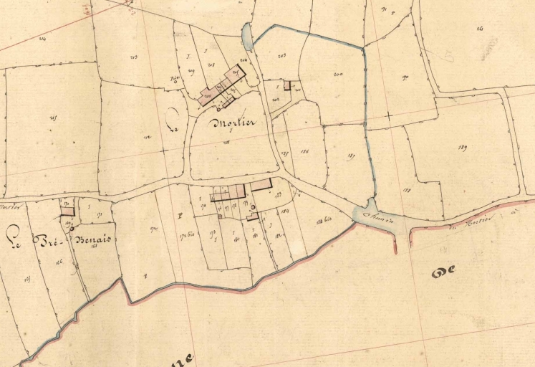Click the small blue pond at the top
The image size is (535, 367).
point(248,34)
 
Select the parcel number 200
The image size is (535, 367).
point(338,74)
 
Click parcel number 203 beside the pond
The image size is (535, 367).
point(281,56)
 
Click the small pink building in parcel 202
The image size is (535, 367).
point(287,85)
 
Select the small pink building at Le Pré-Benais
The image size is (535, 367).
point(67,211)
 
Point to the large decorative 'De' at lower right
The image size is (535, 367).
point(443,270)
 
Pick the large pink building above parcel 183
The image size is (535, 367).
point(261,184)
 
